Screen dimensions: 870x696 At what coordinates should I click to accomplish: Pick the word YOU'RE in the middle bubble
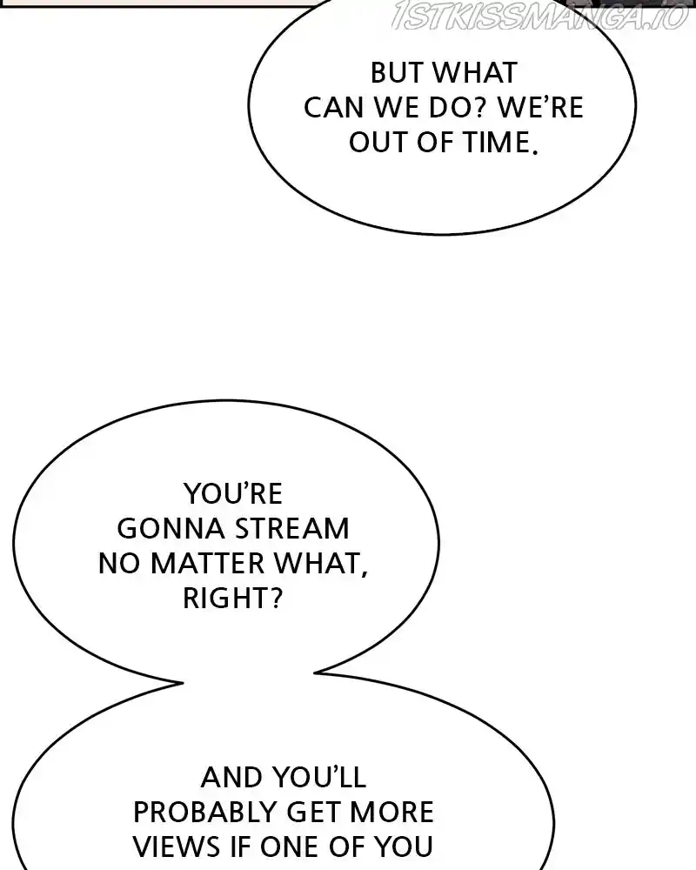[x=233, y=494]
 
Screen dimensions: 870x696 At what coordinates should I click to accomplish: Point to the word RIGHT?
[x=233, y=599]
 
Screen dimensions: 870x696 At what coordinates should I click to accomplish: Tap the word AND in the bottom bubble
[x=232, y=777]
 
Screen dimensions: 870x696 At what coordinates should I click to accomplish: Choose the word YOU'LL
[x=319, y=777]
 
